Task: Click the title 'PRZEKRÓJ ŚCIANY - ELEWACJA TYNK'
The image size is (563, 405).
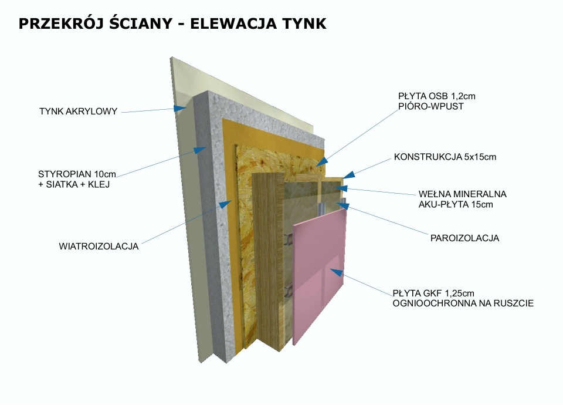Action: point(172,24)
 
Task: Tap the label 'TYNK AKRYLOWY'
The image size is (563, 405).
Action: point(79,112)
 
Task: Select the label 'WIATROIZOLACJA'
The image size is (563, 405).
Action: point(99,246)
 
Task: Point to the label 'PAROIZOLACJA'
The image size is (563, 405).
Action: point(464,238)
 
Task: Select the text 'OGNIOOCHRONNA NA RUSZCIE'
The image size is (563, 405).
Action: point(463,303)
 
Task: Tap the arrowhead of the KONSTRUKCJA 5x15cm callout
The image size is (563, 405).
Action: point(348,175)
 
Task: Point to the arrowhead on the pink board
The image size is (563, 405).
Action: point(334,271)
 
